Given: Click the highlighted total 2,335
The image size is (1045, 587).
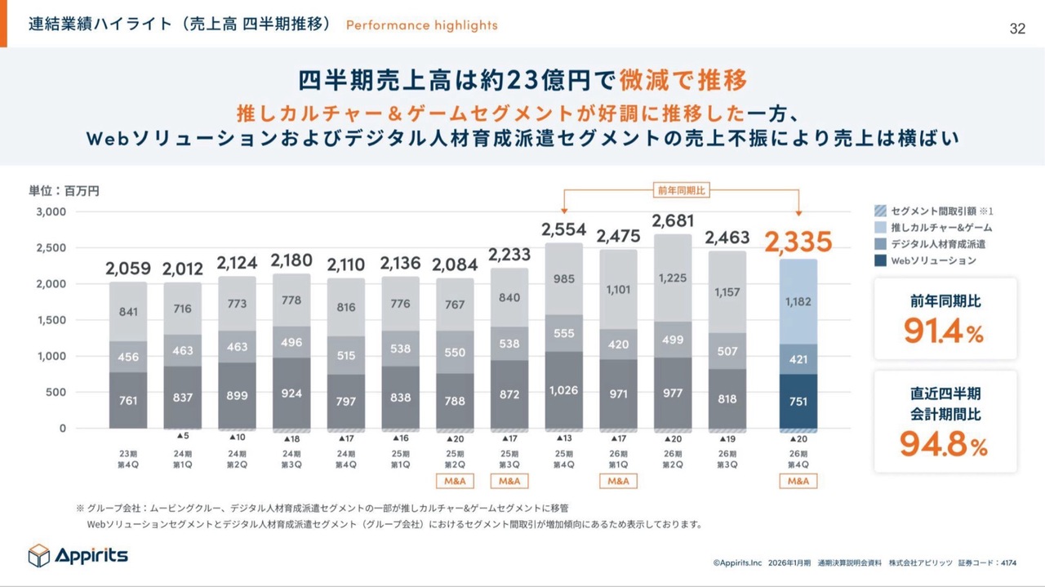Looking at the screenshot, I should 798,242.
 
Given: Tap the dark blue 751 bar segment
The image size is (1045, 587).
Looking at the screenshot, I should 798,402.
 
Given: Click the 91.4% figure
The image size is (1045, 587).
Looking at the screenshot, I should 945,331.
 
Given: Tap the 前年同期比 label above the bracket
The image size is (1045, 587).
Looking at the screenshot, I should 682,189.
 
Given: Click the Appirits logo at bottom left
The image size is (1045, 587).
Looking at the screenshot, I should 78,555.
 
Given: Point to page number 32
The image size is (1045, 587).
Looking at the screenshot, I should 1017,29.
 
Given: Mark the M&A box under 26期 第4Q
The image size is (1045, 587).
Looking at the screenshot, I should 798,481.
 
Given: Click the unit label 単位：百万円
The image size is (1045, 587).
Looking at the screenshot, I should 64,191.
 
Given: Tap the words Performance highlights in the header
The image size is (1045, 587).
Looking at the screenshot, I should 421,24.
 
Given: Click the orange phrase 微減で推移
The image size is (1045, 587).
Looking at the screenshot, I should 683,81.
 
